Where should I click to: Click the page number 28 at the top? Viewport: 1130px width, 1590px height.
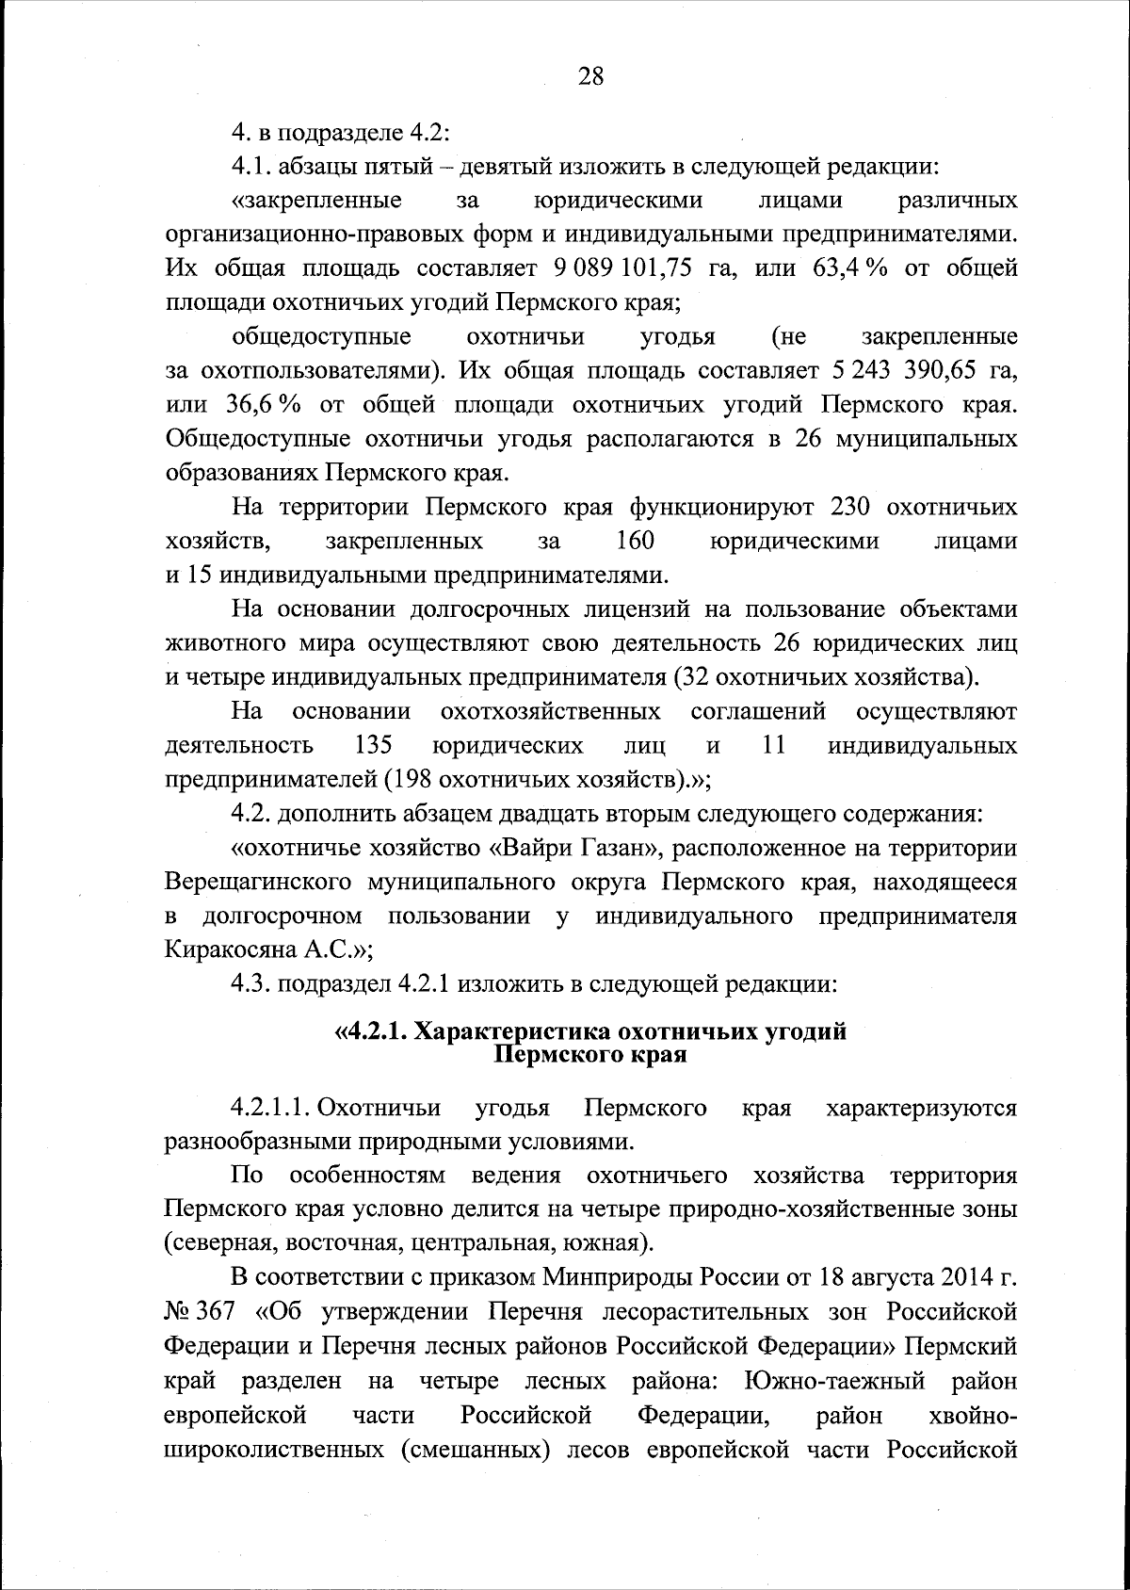click(590, 78)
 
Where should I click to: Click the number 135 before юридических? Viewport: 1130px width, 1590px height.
click(373, 746)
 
